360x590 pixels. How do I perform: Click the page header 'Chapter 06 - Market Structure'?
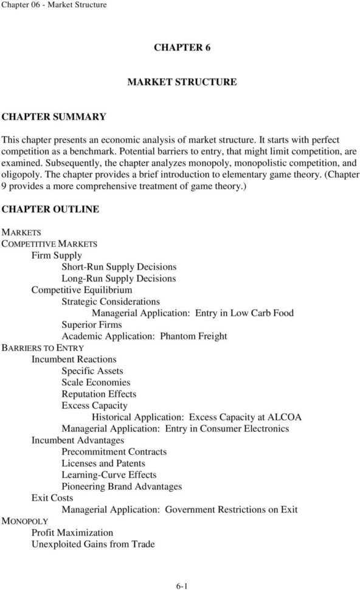tap(54, 5)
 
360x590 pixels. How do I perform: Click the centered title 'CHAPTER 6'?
tap(182, 49)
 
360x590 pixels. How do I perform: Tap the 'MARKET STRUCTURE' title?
tap(182, 82)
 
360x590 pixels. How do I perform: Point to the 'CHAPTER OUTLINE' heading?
tap(51, 209)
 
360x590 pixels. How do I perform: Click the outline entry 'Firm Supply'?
tap(57, 255)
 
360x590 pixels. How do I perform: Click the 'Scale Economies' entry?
tap(96, 383)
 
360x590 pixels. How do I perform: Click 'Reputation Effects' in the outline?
tap(99, 394)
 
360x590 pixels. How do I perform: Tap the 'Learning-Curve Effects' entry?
tap(109, 475)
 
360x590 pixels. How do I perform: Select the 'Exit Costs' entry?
tap(52, 498)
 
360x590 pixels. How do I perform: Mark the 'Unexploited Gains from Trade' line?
tap(93, 544)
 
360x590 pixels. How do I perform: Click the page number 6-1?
tap(182, 586)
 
